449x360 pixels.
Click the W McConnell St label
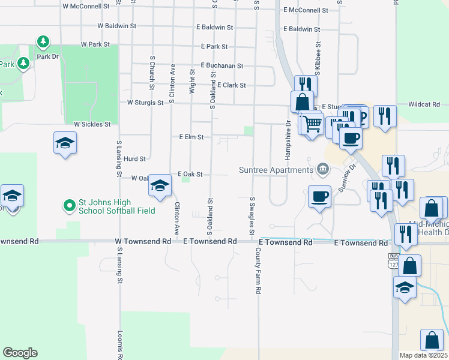[86, 5]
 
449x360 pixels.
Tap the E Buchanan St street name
[222, 65]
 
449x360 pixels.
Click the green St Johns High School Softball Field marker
[70, 206]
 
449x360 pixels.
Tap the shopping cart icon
[312, 124]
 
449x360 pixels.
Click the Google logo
[20, 353]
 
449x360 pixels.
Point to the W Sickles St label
[92, 124]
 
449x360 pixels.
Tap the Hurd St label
[134, 159]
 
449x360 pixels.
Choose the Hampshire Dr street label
[288, 137]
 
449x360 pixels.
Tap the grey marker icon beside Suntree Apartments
[323, 169]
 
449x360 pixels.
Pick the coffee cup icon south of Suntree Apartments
[319, 196]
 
